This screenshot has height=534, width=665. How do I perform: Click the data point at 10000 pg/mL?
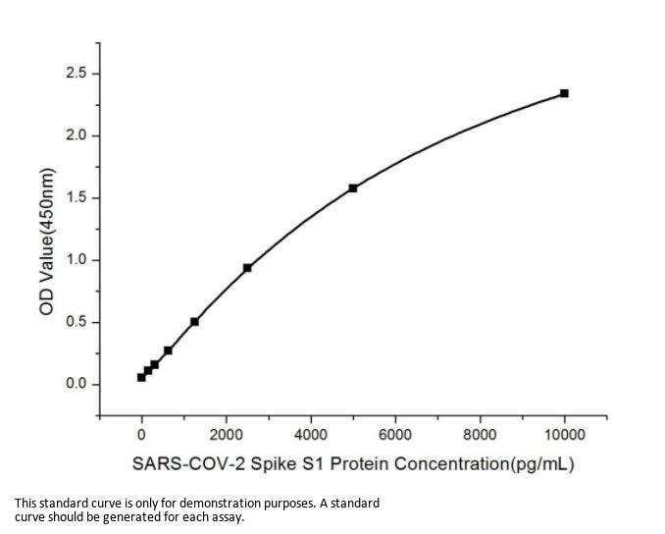pyautogui.click(x=564, y=93)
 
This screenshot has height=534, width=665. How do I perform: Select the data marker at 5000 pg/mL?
pyautogui.click(x=353, y=187)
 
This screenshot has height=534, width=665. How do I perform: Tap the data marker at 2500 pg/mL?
pyautogui.click(x=247, y=267)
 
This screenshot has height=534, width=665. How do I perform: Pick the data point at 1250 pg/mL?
pyautogui.click(x=194, y=321)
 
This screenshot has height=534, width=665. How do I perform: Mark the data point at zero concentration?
pyautogui.click(x=141, y=377)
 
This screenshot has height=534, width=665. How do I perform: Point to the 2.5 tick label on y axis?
pyautogui.click(x=76, y=74)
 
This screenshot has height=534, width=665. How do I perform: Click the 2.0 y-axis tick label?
pyautogui.click(x=76, y=135)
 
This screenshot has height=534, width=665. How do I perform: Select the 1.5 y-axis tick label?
pyautogui.click(x=76, y=197)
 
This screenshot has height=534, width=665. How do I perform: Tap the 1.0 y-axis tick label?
pyautogui.click(x=76, y=260)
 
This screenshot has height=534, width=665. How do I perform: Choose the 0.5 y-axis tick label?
pyautogui.click(x=76, y=322)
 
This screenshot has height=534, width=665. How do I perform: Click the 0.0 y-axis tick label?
pyautogui.click(x=76, y=384)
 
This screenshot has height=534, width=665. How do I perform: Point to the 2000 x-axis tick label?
pyautogui.click(x=226, y=435)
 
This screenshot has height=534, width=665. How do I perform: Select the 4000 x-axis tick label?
pyautogui.click(x=311, y=435)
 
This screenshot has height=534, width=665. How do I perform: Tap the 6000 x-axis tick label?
pyautogui.click(x=395, y=435)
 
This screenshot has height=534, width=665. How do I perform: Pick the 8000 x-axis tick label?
pyautogui.click(x=480, y=435)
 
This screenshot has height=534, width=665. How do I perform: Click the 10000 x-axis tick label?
pyautogui.click(x=564, y=435)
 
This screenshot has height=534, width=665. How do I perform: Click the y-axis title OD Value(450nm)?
pyautogui.click(x=46, y=241)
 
